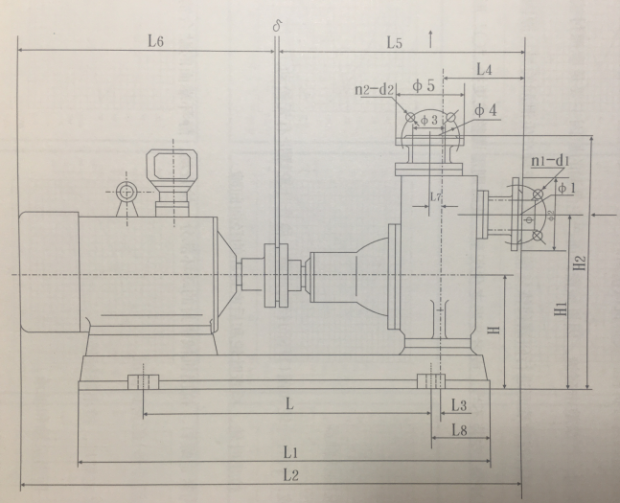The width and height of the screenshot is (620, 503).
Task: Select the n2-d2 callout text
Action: [x=374, y=91]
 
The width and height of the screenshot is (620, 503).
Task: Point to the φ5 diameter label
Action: [x=424, y=86]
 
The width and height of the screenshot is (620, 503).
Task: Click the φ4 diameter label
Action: [x=486, y=111]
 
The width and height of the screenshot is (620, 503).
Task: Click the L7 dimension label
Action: [x=436, y=197]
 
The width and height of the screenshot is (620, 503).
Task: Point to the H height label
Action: [x=494, y=330]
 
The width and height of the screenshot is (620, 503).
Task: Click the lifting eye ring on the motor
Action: [x=126, y=191]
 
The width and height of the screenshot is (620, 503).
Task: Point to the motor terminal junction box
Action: [x=172, y=169]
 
